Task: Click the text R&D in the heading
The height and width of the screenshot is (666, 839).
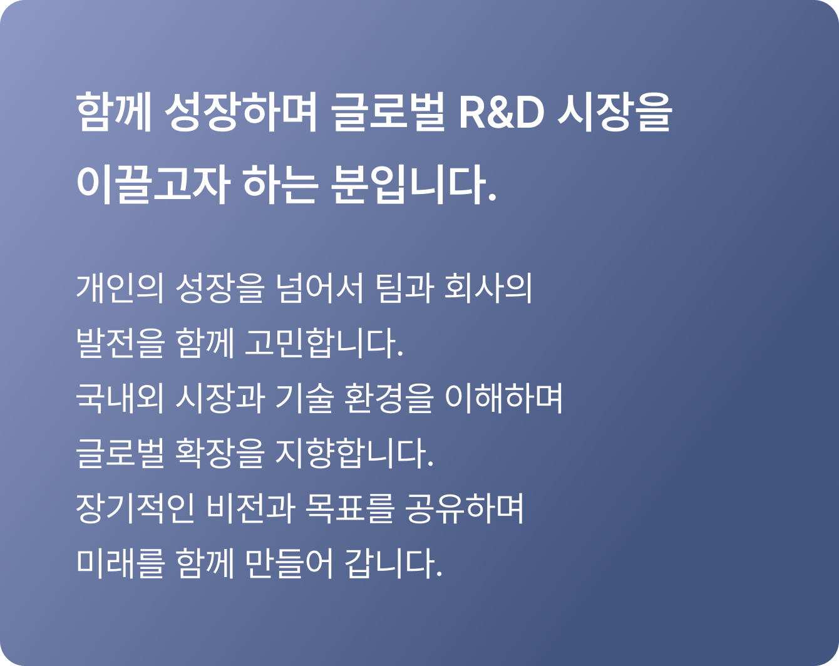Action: point(502,113)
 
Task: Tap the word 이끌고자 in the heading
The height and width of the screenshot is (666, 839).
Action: point(153,184)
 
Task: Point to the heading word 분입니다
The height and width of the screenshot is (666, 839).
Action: point(414,184)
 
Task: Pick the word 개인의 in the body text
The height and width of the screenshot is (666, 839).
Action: point(120,289)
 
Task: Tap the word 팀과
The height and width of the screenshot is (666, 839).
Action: point(404,289)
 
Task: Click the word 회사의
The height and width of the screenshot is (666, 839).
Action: point(488,289)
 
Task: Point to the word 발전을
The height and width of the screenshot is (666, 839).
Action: point(120,343)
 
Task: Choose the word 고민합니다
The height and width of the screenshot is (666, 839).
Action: point(324,343)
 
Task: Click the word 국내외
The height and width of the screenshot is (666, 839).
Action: point(120,398)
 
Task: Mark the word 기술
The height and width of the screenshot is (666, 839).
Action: point(304,398)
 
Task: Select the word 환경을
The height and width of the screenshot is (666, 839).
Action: point(389,398)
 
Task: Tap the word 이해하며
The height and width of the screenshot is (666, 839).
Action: point(503,398)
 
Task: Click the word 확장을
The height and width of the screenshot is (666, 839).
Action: point(220,453)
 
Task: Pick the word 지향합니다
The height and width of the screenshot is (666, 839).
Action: point(354,453)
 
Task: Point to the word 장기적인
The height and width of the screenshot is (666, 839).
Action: point(135,508)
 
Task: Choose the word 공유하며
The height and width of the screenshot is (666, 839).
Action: point(465,508)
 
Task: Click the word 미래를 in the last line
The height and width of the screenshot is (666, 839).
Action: point(120,563)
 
